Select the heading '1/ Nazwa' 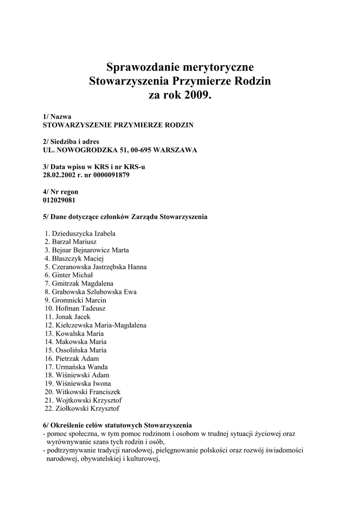[58, 117]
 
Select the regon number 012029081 [60, 200]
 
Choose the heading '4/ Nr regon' [61, 191]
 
